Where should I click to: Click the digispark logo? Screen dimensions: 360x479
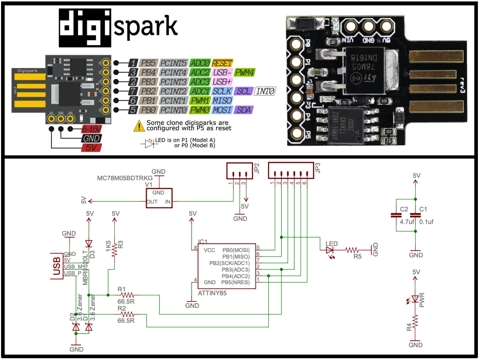[x=118, y=28]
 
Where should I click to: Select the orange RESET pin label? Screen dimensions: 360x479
[x=222, y=63]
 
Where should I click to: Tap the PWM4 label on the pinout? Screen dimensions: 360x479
[x=244, y=72]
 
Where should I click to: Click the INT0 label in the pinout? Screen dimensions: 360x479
[x=265, y=91]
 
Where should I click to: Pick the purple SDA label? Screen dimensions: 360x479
[x=243, y=110]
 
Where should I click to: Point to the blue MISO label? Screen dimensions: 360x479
[x=222, y=101]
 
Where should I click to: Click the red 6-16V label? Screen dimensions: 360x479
[x=91, y=129]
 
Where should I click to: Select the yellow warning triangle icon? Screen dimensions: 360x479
[x=139, y=126]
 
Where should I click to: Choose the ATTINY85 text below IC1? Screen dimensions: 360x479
[x=212, y=293]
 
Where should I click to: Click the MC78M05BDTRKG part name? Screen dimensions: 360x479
[x=125, y=178]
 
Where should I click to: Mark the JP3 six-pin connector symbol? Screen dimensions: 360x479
[x=291, y=170]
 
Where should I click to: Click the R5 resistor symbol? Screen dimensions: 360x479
[x=352, y=250]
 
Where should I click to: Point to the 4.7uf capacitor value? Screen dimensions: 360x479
[x=407, y=222]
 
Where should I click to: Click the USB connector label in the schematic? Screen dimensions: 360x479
[x=56, y=266]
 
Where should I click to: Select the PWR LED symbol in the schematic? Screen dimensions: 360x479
[x=415, y=299]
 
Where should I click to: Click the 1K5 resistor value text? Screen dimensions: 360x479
[x=108, y=246]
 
